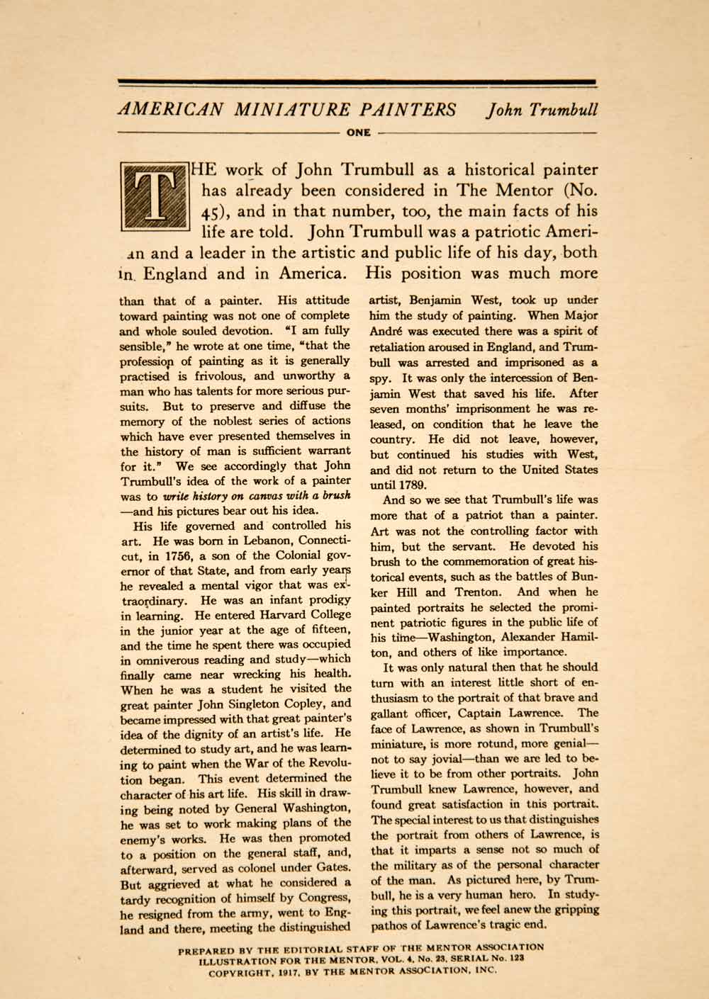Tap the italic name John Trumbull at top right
tap(541, 110)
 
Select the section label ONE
tap(354, 132)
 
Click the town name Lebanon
tap(235, 541)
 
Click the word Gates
tap(333, 867)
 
